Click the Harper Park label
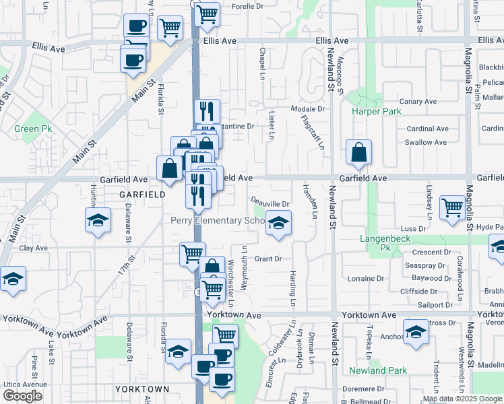376,111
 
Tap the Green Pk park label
28,128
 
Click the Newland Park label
378,370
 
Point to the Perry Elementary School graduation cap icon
277,223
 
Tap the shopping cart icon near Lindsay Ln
452,207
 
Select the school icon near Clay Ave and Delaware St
98,220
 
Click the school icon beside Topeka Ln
416,331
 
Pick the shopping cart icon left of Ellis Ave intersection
170,28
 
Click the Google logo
22,396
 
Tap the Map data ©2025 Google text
462,399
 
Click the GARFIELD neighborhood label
142,194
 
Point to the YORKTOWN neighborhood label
141,389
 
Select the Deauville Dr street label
270,203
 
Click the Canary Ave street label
422,102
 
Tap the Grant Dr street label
267,259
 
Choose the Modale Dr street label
308,108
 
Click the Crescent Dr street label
426,252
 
